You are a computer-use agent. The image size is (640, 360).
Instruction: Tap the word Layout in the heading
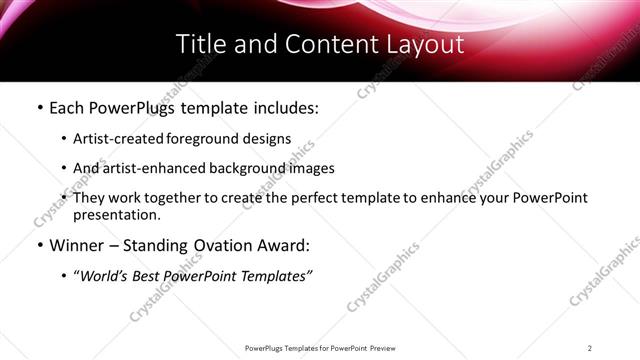coord(425,44)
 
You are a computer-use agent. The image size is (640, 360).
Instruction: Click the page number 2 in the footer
coord(590,347)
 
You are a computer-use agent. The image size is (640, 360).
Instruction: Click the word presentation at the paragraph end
coord(116,215)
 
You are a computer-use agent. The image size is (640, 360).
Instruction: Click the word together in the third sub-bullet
coord(179,198)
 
